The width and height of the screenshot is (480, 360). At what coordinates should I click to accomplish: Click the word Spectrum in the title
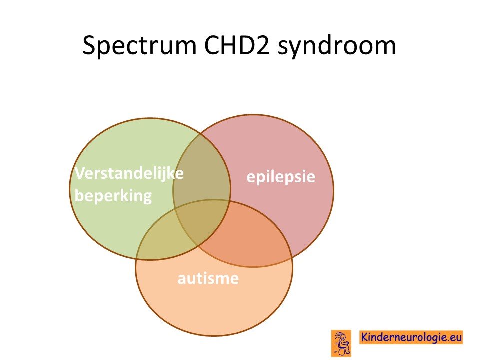pos(139,46)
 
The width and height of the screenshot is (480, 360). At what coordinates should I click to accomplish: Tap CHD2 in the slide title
pos(237,45)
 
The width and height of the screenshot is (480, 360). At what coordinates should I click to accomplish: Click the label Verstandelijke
pos(129,173)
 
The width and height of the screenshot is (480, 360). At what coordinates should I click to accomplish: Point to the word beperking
pos(113,196)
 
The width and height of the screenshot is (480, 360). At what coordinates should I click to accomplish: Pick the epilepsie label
pos(281,177)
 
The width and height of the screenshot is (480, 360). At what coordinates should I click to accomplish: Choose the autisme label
pos(208,278)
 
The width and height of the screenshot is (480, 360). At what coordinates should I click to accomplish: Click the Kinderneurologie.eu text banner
pos(411,337)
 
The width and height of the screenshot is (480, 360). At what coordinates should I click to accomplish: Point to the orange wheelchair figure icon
pos(341,343)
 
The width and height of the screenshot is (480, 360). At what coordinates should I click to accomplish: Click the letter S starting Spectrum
pos(89,45)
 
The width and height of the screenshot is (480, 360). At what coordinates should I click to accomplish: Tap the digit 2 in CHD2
pos(263,45)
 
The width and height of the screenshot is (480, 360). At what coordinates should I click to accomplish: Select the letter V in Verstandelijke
pos(81,173)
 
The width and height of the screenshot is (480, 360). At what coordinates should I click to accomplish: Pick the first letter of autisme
pos(182,280)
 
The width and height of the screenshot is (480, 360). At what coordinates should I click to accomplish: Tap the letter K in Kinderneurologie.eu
pos(365,337)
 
